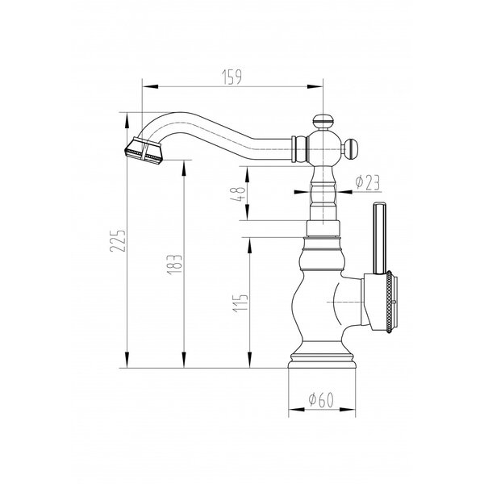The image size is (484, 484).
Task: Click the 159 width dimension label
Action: (x=232, y=77)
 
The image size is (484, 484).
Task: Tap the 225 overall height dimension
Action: (x=118, y=240)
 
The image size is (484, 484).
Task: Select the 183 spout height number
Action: (x=175, y=265)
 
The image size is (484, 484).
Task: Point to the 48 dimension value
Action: (x=238, y=194)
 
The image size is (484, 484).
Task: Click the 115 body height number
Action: (x=240, y=302)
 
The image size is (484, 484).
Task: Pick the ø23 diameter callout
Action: (x=367, y=182)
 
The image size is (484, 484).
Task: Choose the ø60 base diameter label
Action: (x=321, y=400)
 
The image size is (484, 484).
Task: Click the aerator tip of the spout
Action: (x=144, y=151)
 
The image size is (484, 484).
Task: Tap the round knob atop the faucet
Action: (x=323, y=121)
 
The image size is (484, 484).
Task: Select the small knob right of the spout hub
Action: (x=351, y=148)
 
